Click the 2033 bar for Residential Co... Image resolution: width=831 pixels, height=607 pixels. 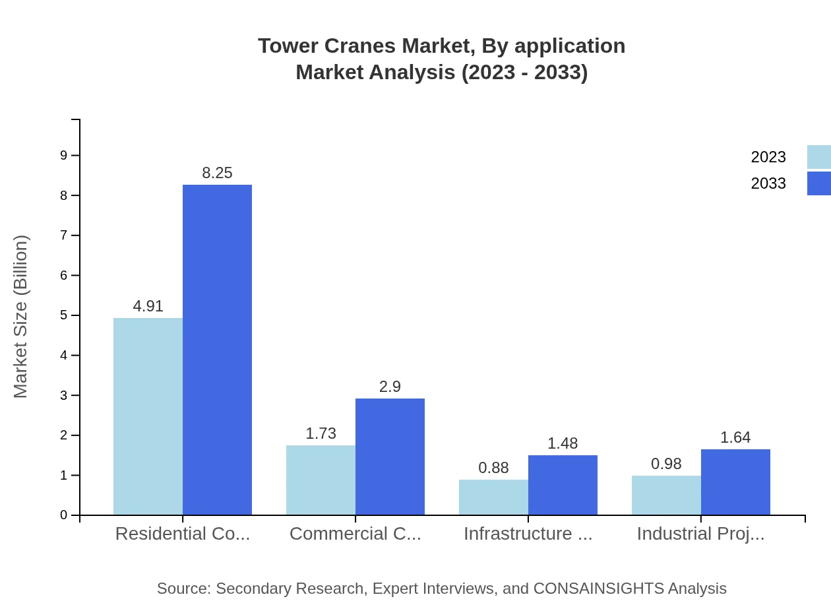[x=217, y=350]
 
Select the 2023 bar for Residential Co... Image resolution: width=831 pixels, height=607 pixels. [x=148, y=416]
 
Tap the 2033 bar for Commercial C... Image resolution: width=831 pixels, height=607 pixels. [x=390, y=457]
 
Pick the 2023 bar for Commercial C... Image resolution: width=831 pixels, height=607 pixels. [x=321, y=480]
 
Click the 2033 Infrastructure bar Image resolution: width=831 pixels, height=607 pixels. [x=563, y=485]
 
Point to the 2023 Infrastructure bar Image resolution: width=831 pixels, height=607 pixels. [x=493, y=497]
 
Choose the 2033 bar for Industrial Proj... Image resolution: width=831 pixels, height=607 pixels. [x=735, y=482]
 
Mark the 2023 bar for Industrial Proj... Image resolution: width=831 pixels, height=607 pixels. [x=666, y=495]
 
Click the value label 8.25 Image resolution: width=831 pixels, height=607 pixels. [x=217, y=173]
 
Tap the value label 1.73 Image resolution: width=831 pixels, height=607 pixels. [x=321, y=433]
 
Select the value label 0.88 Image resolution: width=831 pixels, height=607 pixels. [x=493, y=468]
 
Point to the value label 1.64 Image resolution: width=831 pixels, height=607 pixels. [x=735, y=437]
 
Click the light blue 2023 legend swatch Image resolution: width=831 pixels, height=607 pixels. [x=819, y=157]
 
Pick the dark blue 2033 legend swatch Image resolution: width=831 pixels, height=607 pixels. [x=819, y=183]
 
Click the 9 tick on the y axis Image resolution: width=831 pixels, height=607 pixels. [x=64, y=156]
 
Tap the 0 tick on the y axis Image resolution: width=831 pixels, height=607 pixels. [x=64, y=515]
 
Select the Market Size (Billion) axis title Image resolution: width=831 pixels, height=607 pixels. [x=21, y=317]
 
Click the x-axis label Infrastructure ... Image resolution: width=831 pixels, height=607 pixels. [x=528, y=534]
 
